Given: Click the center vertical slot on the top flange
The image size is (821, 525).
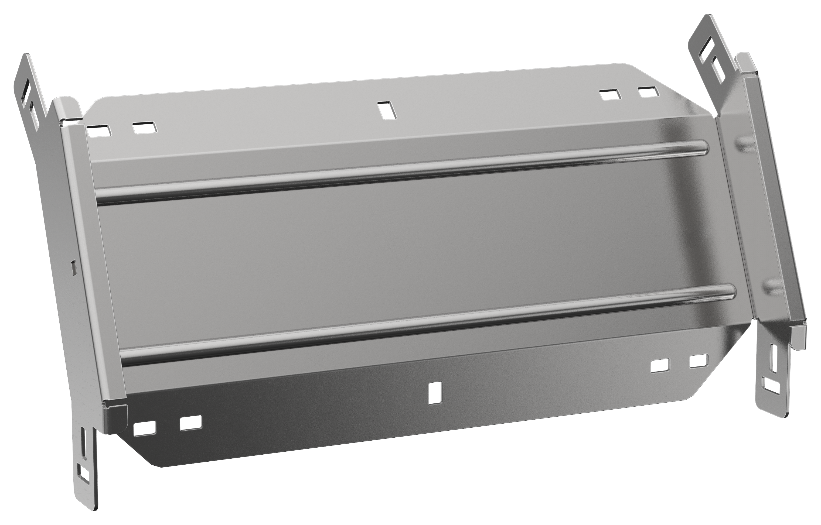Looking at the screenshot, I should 387,111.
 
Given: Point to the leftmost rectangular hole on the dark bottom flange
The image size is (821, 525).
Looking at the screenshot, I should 145,428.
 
